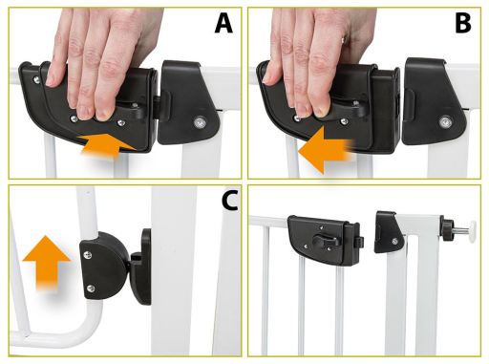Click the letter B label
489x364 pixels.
point(463,23)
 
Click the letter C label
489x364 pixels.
point(230,202)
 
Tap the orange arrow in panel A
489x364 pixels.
point(109,145)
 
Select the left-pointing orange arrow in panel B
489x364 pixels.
point(326,150)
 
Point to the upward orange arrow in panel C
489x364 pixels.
point(47,263)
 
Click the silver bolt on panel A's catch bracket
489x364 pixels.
point(200,122)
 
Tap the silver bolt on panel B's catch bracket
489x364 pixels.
point(444,121)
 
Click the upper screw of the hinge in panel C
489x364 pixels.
point(88,254)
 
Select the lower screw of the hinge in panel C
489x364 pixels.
point(91,289)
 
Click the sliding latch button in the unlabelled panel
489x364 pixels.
point(325,240)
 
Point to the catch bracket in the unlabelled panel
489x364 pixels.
point(389,231)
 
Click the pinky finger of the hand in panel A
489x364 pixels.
point(57,65)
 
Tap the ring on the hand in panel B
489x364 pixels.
point(343,40)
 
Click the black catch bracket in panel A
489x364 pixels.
point(189,102)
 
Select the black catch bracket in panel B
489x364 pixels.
point(435,102)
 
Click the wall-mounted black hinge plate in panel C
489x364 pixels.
point(141,266)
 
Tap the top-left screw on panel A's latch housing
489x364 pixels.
point(37,79)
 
